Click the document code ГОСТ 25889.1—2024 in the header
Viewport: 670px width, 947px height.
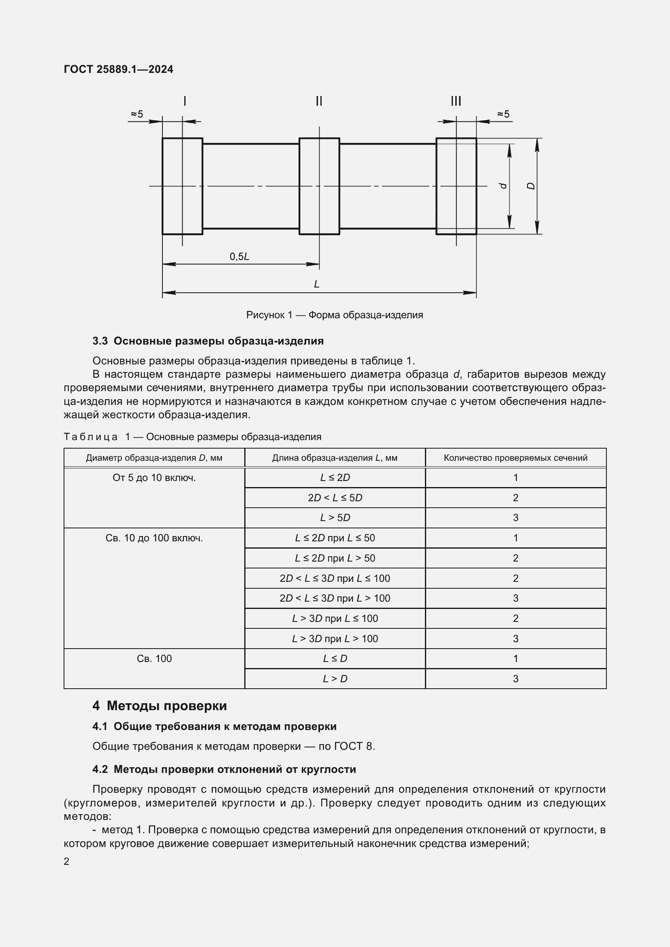(118, 69)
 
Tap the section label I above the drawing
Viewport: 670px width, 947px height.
(184, 101)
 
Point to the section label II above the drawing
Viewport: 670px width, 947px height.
(319, 101)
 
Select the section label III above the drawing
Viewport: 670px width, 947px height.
(456, 101)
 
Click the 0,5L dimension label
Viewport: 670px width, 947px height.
(239, 257)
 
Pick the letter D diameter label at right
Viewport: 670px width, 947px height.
(531, 186)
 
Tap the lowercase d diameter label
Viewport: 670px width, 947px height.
(503, 186)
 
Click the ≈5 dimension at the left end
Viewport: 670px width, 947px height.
(137, 114)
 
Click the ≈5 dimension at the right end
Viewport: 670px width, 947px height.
(504, 114)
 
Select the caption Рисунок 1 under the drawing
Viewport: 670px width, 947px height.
(335, 315)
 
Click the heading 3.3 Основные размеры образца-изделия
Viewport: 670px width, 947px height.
(208, 341)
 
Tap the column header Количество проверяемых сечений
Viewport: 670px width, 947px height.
(515, 458)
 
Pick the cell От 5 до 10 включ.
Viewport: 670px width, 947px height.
(154, 478)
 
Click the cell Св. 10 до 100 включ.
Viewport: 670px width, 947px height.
(154, 538)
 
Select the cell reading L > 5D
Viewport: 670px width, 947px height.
(335, 518)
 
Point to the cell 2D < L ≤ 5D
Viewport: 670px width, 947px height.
(335, 498)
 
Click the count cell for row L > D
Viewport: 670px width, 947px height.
(515, 679)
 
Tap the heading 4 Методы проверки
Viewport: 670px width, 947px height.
(160, 706)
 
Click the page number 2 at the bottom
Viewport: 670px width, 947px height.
(66, 862)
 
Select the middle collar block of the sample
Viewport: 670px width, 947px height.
(319, 186)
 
